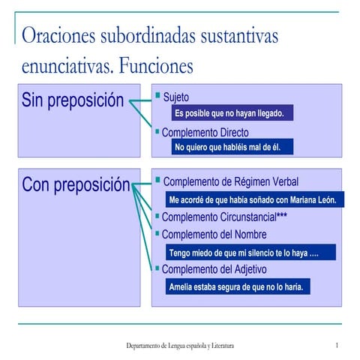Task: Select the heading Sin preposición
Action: (x=72, y=100)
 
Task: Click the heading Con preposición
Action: (x=76, y=185)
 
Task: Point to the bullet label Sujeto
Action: (x=175, y=97)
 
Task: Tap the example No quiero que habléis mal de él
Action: (x=227, y=148)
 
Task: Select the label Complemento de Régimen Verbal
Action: (x=230, y=182)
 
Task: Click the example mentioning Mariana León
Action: (x=255, y=200)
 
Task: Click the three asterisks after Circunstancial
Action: (x=281, y=217)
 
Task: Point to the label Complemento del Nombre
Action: (x=214, y=235)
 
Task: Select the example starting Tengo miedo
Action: (x=244, y=253)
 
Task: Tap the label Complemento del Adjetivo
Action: (x=214, y=269)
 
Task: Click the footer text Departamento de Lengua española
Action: (x=180, y=346)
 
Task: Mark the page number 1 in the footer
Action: (x=337, y=345)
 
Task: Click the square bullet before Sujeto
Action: (x=157, y=96)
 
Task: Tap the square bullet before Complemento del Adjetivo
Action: (x=157, y=268)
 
